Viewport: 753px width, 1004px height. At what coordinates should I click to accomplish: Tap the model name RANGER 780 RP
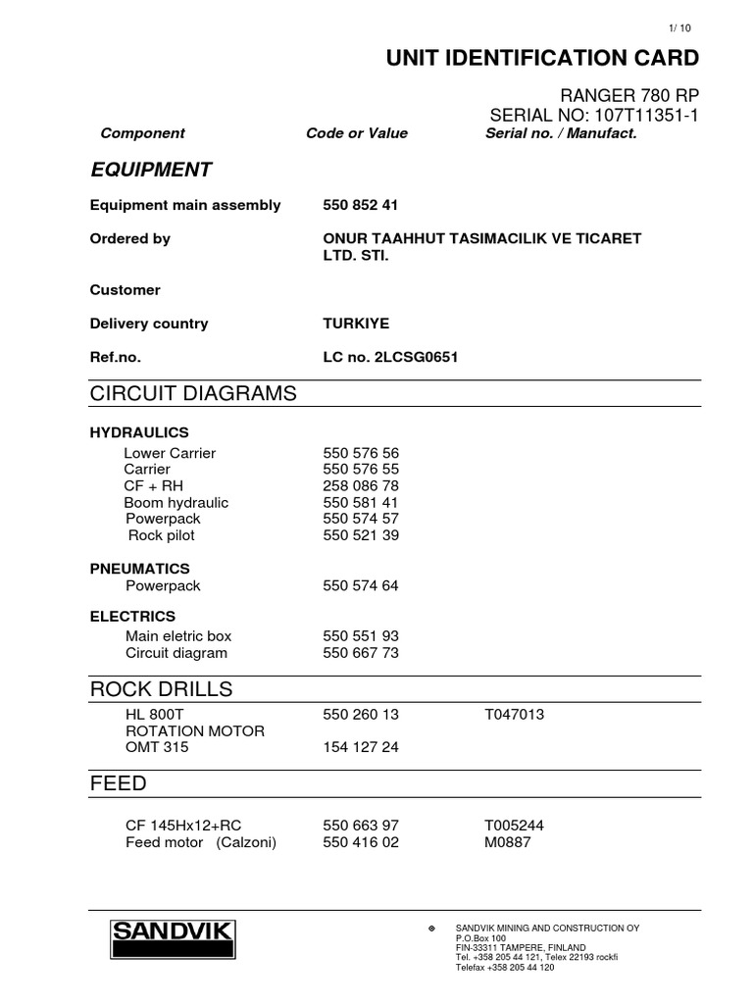[x=628, y=95]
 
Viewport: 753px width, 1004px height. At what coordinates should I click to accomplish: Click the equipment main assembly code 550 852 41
[x=360, y=205]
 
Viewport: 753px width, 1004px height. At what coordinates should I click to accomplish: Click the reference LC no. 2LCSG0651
[x=390, y=358]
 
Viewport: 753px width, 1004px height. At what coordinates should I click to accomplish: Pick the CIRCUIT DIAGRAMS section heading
[x=192, y=393]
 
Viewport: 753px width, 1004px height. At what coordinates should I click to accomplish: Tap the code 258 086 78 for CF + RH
[x=360, y=486]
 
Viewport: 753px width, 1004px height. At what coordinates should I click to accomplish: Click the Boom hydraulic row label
[x=176, y=503]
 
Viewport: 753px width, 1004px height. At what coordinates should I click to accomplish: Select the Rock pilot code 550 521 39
[x=360, y=535]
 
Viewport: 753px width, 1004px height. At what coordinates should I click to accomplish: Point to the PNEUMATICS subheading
[x=140, y=569]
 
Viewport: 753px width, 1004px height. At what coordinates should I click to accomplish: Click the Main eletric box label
[x=178, y=636]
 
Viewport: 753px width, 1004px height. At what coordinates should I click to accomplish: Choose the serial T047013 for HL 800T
[x=514, y=715]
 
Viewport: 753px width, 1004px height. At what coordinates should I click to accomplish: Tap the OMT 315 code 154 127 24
[x=360, y=747]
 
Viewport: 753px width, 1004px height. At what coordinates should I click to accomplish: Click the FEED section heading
[x=119, y=784]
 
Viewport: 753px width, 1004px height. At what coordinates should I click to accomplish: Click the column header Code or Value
[x=357, y=133]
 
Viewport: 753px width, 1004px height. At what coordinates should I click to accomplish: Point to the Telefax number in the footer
[x=505, y=967]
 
